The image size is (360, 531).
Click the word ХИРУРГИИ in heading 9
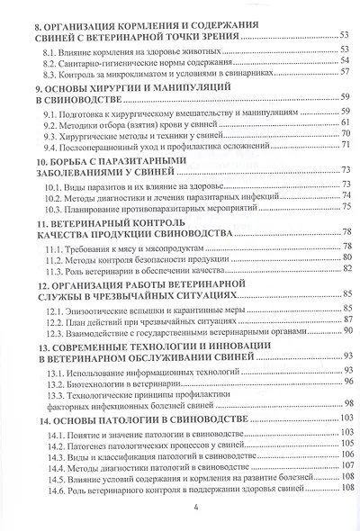point(112,91)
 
